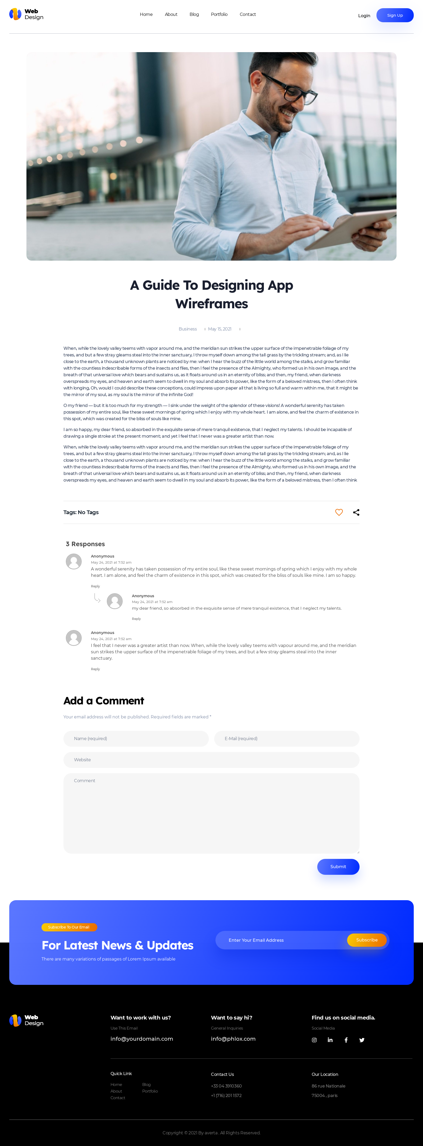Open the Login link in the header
point(364,16)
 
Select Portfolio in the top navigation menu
point(219,15)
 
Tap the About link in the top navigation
point(171,15)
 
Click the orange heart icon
point(339,513)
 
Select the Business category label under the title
point(187,329)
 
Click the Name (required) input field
point(136,739)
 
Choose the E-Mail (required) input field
point(287,739)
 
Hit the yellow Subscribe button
point(367,940)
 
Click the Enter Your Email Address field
point(280,940)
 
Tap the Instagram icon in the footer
point(314,1040)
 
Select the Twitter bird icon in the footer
point(362,1040)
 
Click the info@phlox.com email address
point(233,1039)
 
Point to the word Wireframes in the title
point(212,304)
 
